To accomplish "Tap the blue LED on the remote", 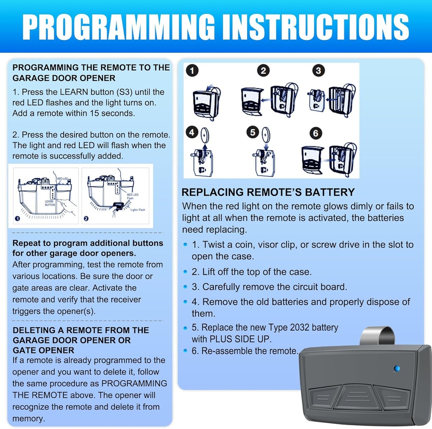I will (397, 369).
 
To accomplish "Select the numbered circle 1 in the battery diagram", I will (192, 71).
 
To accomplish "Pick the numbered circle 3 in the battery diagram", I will (319, 71).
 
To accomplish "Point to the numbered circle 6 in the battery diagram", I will (316, 134).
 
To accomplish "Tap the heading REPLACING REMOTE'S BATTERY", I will (268, 192).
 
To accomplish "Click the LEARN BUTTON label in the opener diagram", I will (50, 203).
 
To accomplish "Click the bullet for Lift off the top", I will (186, 272).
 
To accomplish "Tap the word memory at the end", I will (28, 419).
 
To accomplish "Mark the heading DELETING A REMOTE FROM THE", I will (81, 330).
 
